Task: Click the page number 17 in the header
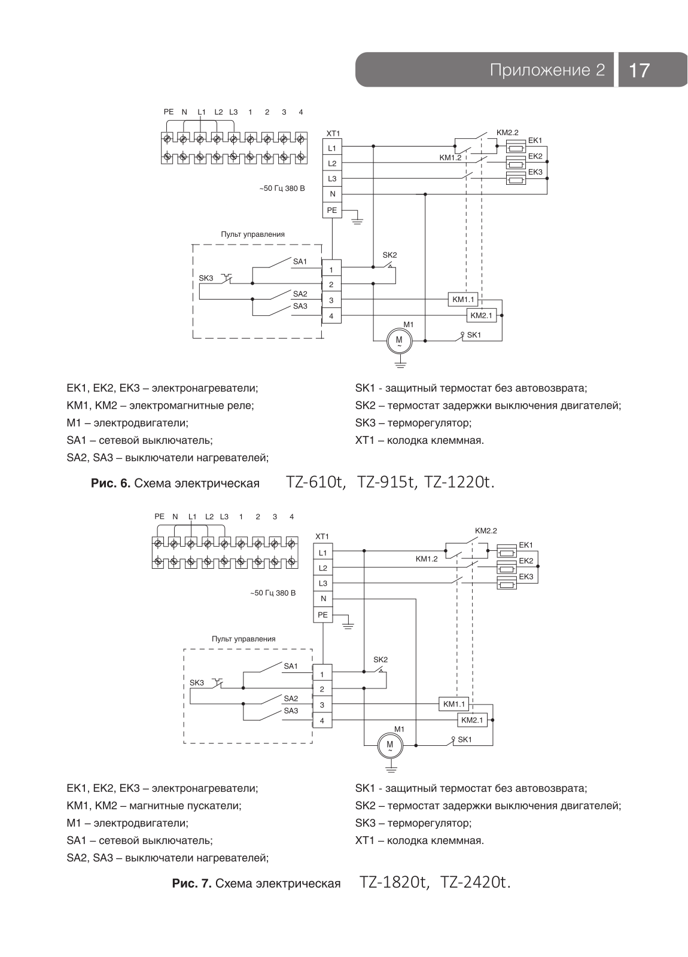click(640, 69)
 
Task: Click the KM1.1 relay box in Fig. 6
click(463, 300)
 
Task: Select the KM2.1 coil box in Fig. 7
click(472, 720)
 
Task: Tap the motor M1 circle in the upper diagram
click(399, 340)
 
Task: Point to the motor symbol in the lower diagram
click(389, 745)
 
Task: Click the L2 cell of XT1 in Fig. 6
click(332, 163)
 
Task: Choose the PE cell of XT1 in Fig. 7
click(322, 614)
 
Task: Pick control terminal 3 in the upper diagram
click(331, 300)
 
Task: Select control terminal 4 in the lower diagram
click(322, 720)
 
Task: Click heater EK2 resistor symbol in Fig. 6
click(515, 163)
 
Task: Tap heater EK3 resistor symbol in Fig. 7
click(506, 583)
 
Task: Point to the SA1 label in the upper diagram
click(300, 261)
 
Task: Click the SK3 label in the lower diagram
click(197, 682)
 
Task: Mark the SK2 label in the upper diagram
click(389, 255)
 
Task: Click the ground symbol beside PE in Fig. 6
click(357, 221)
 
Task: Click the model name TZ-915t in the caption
click(386, 482)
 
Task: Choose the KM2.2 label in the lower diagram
click(486, 531)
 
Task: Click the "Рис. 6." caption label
click(111, 483)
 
